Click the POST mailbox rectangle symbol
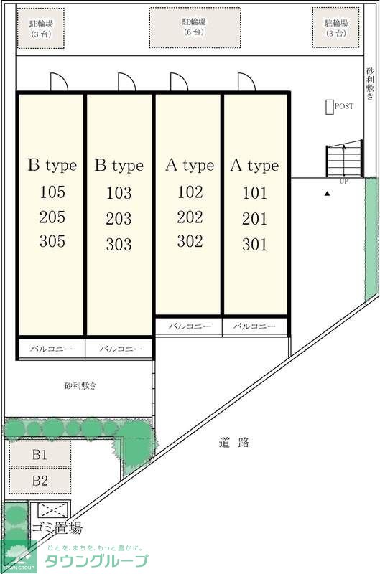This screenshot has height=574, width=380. [330, 107]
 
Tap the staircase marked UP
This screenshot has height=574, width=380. [343, 159]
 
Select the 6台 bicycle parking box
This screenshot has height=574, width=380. [193, 28]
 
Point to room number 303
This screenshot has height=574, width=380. [119, 245]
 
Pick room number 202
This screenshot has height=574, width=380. [190, 217]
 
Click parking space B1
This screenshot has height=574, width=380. [40, 454]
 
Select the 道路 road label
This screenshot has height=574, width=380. [234, 443]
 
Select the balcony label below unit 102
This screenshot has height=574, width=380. [190, 326]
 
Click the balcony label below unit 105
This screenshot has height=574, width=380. [51, 349]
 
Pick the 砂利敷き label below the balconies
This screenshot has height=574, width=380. [80, 385]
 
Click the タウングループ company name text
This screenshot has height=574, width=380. [98, 561]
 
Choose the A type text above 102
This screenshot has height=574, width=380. [190, 166]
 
